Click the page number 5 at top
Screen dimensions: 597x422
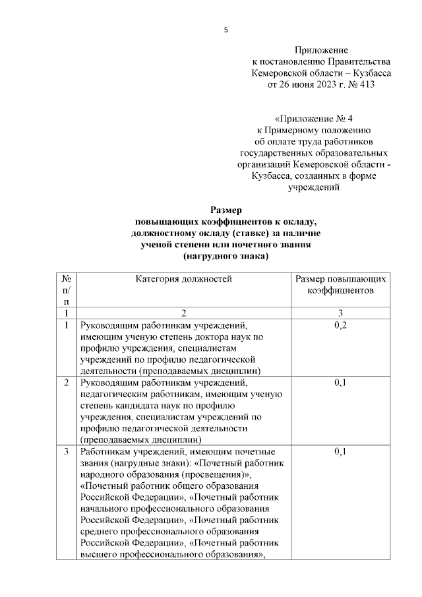(226, 30)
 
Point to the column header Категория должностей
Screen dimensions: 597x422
(184, 279)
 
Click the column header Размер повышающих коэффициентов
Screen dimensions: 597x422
(340, 284)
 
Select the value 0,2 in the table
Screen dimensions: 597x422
(340, 326)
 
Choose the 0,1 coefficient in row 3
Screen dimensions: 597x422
(340, 452)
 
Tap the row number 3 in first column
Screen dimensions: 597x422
(67, 452)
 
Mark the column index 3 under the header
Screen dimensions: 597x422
(340, 312)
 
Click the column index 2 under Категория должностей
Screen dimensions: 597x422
(184, 312)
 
